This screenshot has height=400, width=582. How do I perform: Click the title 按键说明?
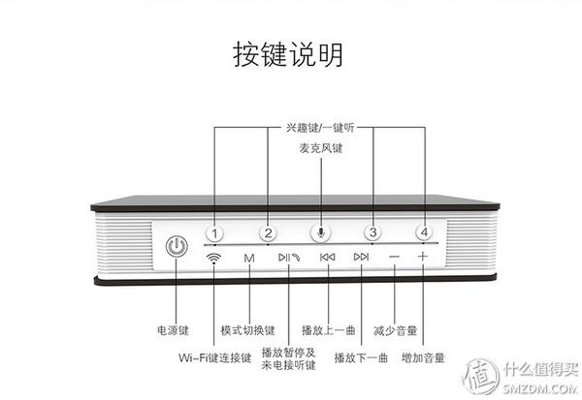(x=288, y=54)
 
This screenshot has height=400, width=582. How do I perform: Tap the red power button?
(x=176, y=247)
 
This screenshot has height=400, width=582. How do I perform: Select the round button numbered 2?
(x=269, y=232)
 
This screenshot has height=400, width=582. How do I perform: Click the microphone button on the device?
(x=320, y=232)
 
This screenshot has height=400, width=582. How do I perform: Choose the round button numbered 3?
(x=372, y=232)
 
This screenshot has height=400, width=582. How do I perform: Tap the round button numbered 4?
(x=423, y=232)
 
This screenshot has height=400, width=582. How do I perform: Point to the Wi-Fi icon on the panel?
(x=213, y=258)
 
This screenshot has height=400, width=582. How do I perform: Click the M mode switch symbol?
(x=249, y=258)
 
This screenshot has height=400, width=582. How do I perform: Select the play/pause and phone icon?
(x=288, y=258)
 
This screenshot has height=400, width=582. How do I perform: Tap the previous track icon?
(x=328, y=258)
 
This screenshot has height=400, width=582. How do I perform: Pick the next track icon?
(x=361, y=258)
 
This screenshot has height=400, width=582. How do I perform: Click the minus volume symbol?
(x=394, y=258)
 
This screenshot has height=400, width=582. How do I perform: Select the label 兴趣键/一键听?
(x=320, y=127)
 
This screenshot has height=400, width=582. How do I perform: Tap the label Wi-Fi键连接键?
(x=214, y=358)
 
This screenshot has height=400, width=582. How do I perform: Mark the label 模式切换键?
(x=247, y=330)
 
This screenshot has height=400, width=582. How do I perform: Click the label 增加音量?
(x=423, y=358)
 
